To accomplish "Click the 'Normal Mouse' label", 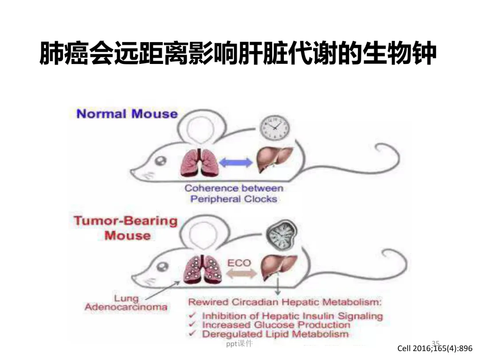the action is tap(127, 114).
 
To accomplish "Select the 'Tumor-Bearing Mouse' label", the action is tap(126, 227).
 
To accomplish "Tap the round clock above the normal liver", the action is tap(274, 127).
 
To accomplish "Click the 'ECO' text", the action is tap(239, 263).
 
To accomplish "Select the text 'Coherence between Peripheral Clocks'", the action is tap(234, 194).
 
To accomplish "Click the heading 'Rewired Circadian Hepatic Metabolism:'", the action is tap(285, 302).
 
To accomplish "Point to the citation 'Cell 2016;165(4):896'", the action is tap(435, 348).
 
